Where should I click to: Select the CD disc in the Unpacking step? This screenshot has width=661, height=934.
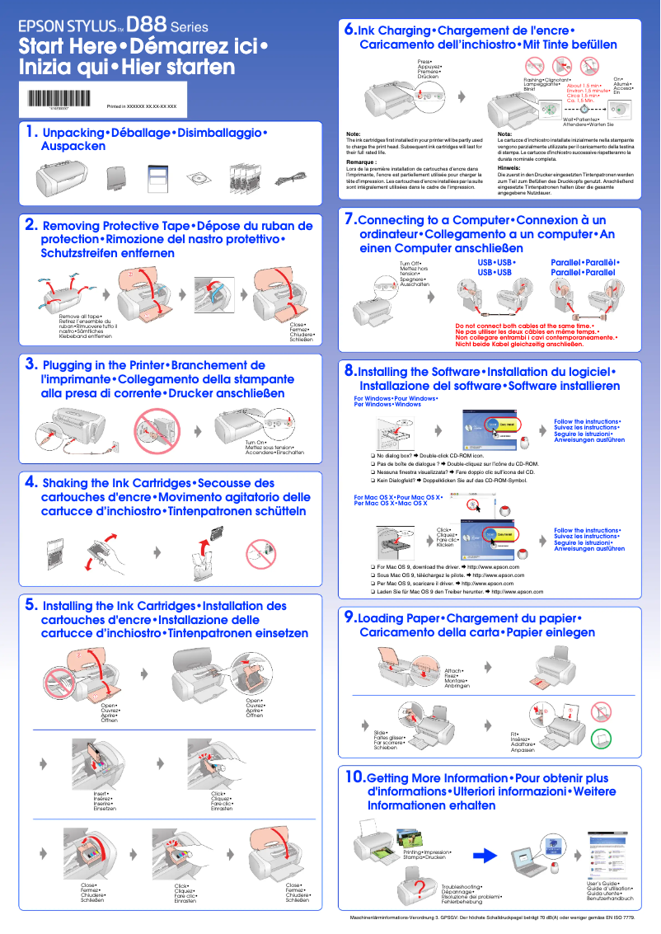(x=196, y=178)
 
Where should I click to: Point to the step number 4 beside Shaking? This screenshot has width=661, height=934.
(x=30, y=481)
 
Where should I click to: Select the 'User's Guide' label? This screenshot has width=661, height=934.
(x=591, y=883)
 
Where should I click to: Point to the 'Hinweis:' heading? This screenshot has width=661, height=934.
(x=509, y=167)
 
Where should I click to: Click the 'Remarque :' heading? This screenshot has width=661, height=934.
(x=361, y=162)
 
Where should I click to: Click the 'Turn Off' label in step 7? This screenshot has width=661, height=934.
(x=410, y=263)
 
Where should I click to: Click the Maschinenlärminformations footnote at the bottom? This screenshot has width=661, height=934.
(x=492, y=918)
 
